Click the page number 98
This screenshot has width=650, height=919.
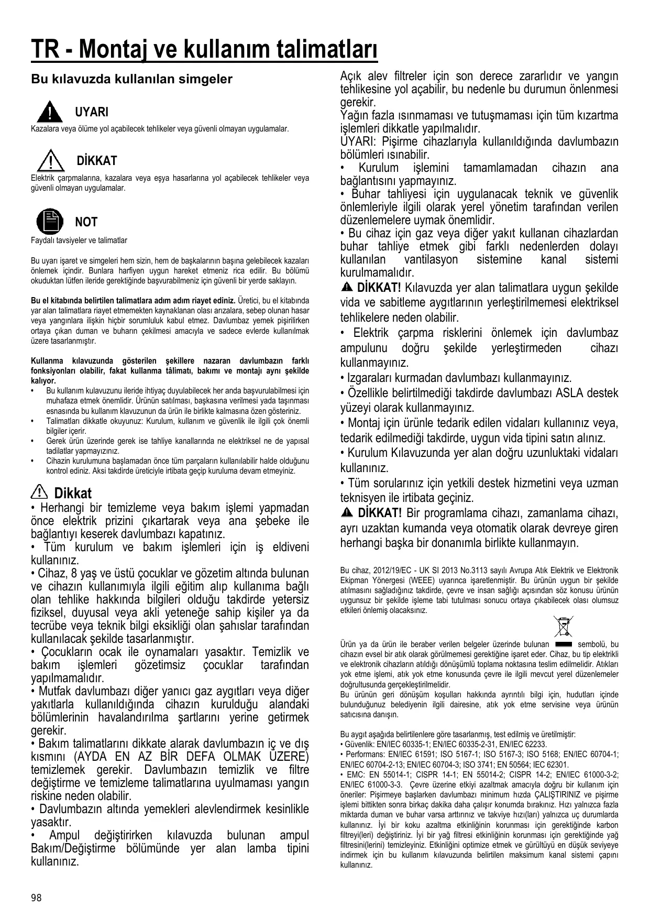pyautogui.click(x=36, y=898)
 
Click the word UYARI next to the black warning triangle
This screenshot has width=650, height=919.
pyautogui.click(x=92, y=112)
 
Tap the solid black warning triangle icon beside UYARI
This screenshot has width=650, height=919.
pyautogui.click(x=49, y=111)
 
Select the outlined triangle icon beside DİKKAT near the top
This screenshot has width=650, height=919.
pyautogui.click(x=49, y=159)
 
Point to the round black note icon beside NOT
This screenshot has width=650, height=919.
pyautogui.click(x=49, y=221)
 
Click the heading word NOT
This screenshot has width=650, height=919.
pyautogui.click(x=86, y=222)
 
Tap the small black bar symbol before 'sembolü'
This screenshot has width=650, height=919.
pyautogui.click(x=563, y=644)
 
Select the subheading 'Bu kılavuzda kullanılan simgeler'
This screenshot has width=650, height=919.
pyautogui.click(x=131, y=80)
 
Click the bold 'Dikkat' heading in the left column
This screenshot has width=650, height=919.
pyautogui.click(x=73, y=493)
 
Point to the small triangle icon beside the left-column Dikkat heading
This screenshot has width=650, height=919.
pyautogui.click(x=39, y=492)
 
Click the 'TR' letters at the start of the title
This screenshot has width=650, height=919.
pyautogui.click(x=45, y=51)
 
